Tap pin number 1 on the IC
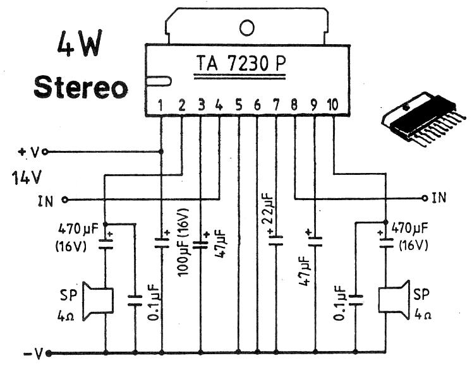[x=162, y=105]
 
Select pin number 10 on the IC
[x=332, y=105]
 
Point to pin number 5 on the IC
[x=239, y=105]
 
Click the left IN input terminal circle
[x=65, y=200]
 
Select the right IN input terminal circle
[x=425, y=198]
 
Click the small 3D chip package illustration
[x=418, y=118]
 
